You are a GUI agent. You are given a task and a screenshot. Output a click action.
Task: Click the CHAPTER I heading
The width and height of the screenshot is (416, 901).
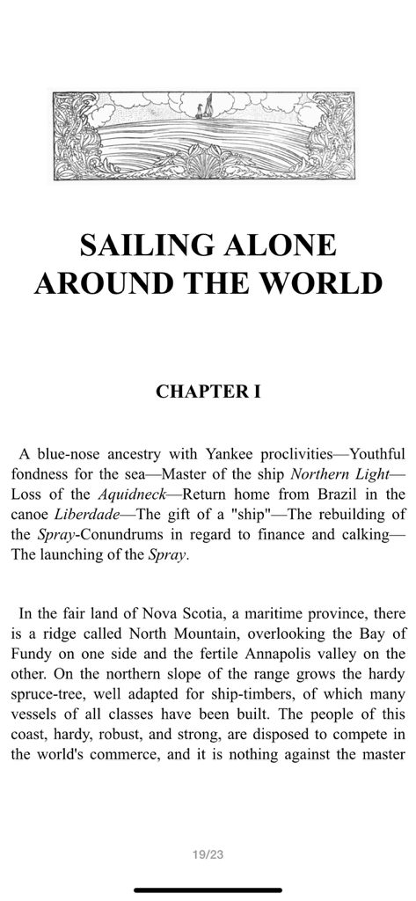(208, 392)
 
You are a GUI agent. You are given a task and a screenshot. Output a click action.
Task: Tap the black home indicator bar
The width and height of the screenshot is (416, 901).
(208, 890)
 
